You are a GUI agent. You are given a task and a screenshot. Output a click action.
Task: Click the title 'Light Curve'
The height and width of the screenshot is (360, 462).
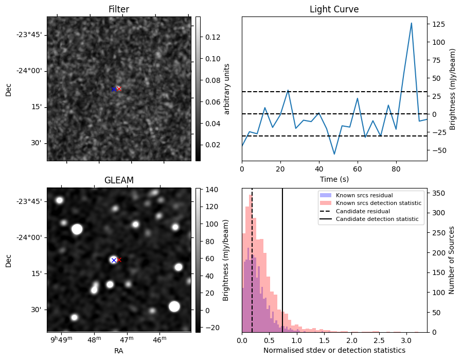[334, 10]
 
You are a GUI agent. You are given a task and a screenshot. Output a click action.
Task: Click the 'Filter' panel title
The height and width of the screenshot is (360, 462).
[119, 10]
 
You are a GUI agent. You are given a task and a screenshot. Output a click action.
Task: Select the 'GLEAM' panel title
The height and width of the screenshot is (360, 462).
[119, 180]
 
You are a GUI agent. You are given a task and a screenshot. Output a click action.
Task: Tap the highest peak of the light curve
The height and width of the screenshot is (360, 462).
[412, 23]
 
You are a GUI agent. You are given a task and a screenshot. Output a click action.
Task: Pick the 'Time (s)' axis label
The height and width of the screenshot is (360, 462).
[334, 178]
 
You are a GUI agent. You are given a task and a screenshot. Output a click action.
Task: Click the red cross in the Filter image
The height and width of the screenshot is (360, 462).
[119, 89]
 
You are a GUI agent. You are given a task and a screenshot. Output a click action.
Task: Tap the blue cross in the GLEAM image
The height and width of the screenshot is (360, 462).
[114, 260]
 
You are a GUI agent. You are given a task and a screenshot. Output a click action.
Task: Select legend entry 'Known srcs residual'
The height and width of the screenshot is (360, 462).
[364, 195]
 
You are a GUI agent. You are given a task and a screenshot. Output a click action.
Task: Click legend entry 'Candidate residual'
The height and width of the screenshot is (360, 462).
[363, 211]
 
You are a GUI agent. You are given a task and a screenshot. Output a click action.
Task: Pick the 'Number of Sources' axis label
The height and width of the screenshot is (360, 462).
[452, 260]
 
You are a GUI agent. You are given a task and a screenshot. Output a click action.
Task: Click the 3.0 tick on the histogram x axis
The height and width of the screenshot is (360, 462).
[406, 340]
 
